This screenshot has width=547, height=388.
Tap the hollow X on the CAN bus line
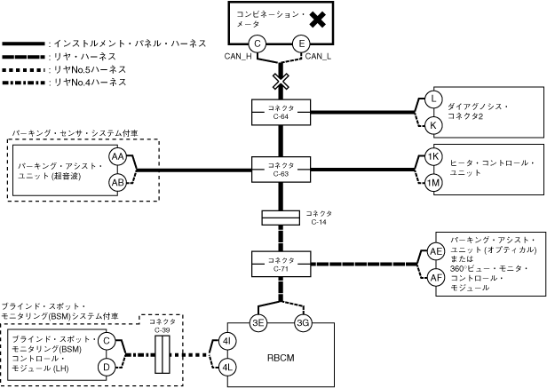coord(281,82)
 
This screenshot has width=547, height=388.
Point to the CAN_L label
coord(318,58)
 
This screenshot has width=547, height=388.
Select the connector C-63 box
coord(281,166)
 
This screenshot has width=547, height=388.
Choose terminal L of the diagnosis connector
coord(432,99)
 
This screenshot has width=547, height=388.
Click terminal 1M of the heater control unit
coord(432,183)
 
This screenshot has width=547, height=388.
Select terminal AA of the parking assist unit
coord(117,156)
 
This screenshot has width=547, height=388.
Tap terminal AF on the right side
coord(436,277)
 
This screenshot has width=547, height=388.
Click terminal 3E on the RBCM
coord(258,322)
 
